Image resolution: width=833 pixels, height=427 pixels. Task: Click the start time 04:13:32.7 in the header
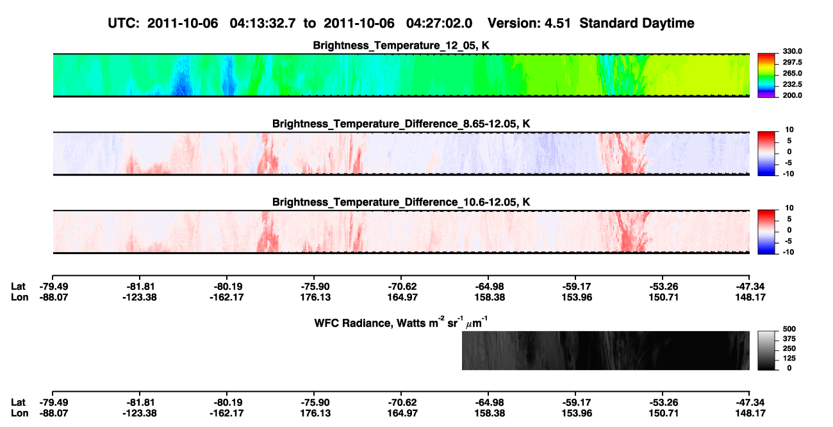click(263, 24)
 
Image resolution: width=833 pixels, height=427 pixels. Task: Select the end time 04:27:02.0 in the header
click(439, 24)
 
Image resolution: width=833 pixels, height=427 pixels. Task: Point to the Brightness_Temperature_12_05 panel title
click(401, 45)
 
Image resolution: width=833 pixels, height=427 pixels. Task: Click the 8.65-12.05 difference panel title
click(401, 124)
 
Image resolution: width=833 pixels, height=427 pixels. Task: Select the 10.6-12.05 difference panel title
click(401, 202)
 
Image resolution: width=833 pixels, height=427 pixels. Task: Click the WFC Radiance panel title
click(401, 323)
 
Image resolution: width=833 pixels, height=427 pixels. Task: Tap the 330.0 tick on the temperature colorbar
click(792, 51)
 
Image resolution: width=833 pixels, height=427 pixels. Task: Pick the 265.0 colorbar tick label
click(792, 73)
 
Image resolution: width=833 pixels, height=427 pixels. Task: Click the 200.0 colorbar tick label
click(792, 95)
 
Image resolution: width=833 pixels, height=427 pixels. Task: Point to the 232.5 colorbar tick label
click(792, 85)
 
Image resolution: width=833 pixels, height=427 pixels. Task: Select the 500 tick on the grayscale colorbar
click(789, 329)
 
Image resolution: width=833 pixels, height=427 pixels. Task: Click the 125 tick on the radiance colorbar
click(789, 359)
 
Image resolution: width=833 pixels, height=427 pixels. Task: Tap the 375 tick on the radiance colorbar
click(789, 339)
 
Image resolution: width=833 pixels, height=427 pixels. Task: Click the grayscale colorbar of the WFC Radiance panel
click(766, 350)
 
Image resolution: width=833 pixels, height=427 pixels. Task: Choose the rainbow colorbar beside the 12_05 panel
click(766, 76)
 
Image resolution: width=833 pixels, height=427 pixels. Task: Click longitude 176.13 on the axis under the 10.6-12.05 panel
click(315, 297)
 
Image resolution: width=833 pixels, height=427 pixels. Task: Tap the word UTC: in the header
click(124, 24)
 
